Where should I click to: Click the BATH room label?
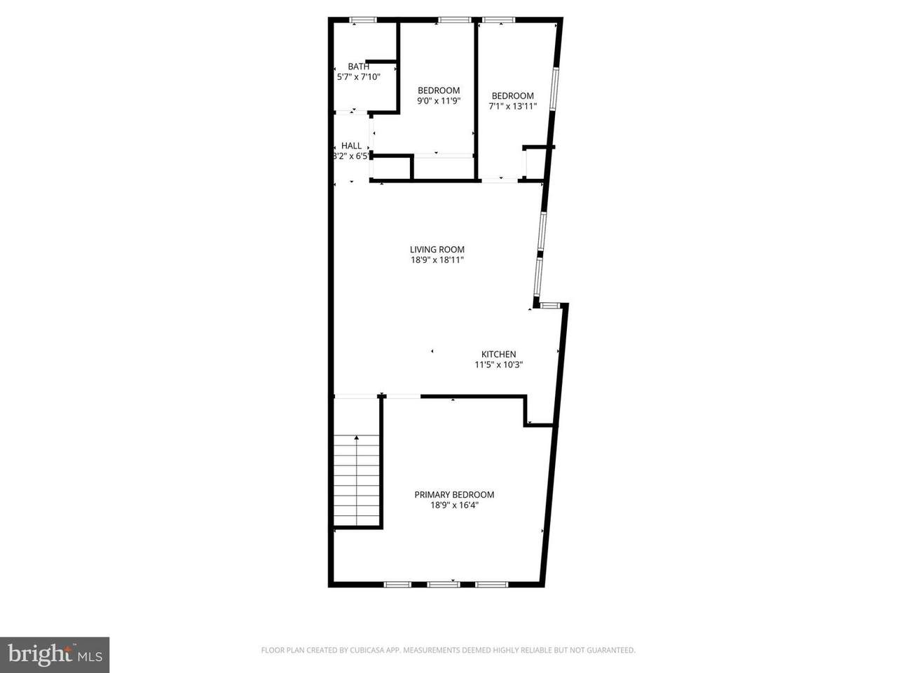(x=358, y=66)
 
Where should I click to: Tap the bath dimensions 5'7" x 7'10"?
(x=358, y=76)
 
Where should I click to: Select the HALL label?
(x=352, y=146)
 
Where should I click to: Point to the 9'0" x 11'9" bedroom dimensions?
(x=439, y=100)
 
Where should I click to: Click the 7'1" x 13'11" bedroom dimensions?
(x=512, y=107)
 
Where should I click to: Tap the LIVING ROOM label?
(x=437, y=250)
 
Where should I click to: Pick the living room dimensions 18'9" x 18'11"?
(x=437, y=260)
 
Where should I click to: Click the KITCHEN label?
(x=498, y=354)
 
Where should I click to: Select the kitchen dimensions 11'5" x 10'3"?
(x=498, y=365)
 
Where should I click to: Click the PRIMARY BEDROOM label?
(x=454, y=495)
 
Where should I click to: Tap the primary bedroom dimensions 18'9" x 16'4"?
(x=454, y=505)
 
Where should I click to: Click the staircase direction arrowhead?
(x=357, y=437)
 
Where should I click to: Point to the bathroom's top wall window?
(x=363, y=20)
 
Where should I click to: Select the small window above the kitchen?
(x=549, y=305)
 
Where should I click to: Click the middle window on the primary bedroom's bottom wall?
(x=444, y=585)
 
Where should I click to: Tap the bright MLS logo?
(x=55, y=655)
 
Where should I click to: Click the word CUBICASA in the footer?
(x=365, y=650)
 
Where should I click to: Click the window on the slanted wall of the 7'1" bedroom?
(x=554, y=88)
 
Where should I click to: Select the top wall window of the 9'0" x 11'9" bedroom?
(x=455, y=20)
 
